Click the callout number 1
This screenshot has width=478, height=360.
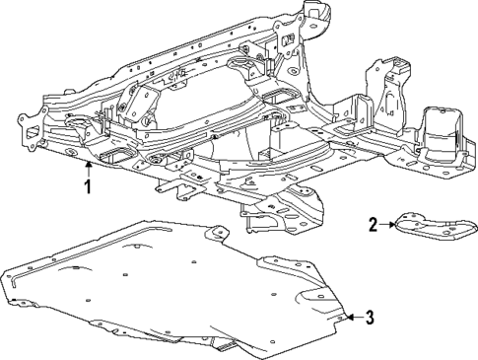(89, 183)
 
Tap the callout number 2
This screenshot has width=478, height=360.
(374, 225)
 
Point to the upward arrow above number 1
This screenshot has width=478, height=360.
(89, 166)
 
